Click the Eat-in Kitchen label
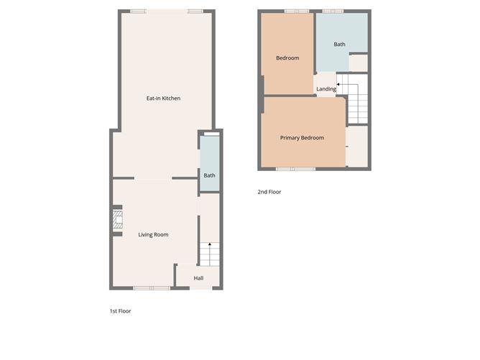pos(163,98)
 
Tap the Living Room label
pos(153,234)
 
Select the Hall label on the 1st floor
pos(198,278)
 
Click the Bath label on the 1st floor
pos(209,175)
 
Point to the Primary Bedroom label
pos(302,138)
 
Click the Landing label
pos(326,89)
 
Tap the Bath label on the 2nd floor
pos(339,44)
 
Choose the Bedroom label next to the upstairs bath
pos(287,58)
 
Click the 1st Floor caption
pos(120,310)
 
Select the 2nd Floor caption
pos(269,192)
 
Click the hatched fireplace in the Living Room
pos(118,219)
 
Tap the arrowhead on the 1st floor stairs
pos(210,244)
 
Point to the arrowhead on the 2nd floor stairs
pos(338,84)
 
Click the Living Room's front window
pos(152,288)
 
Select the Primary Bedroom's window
pos(296,169)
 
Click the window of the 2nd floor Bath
pos(333,11)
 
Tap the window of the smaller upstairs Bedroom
pos(297,11)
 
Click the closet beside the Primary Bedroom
pos(356,147)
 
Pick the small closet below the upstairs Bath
pos(358,63)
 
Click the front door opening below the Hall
pos(201,288)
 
